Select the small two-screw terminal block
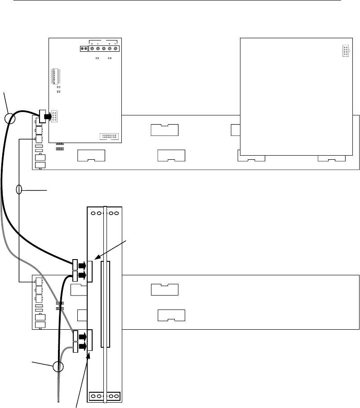point(84,49)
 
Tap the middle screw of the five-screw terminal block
point(104,49)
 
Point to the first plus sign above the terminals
point(92,43)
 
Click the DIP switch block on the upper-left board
point(55,76)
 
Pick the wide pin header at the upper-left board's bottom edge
point(108,136)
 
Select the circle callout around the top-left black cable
point(10,118)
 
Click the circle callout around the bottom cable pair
point(58,367)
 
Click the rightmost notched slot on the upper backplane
point(332,158)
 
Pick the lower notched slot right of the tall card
point(172,315)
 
